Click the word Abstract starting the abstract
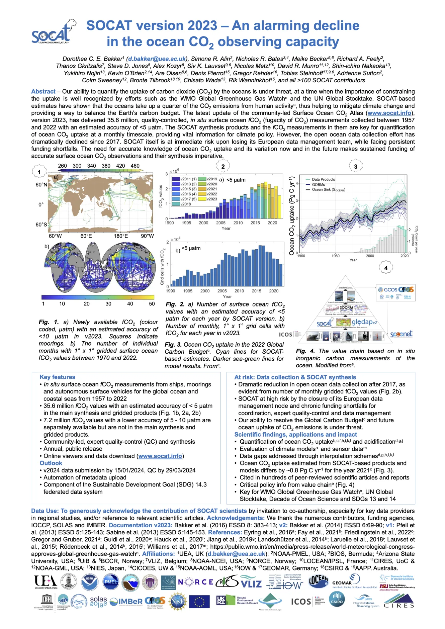click(43, 91)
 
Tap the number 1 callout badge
click(39, 172)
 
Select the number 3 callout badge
click(355, 166)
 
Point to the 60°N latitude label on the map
click(41, 185)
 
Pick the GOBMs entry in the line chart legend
click(318, 184)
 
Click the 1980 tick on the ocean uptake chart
click(336, 256)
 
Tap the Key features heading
click(57, 377)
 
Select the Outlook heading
click(51, 463)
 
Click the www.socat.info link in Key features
click(160, 456)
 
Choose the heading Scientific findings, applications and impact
click(295, 434)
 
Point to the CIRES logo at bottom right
click(399, 601)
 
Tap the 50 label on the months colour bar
click(152, 304)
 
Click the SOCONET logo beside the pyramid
click(401, 334)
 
